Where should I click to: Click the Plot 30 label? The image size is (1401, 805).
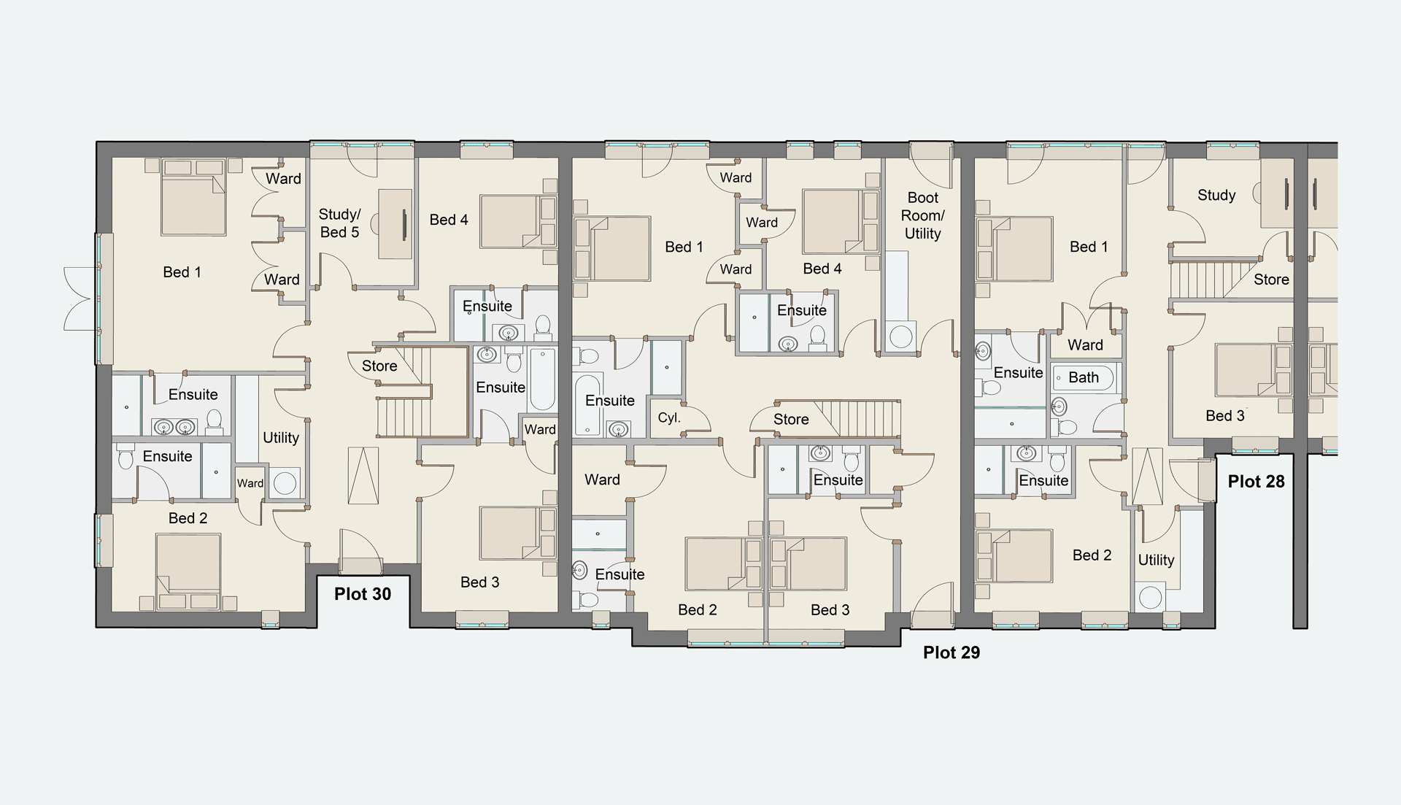pyautogui.click(x=363, y=594)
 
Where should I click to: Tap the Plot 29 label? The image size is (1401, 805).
pyautogui.click(x=952, y=652)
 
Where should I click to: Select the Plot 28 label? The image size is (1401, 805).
pyautogui.click(x=1256, y=482)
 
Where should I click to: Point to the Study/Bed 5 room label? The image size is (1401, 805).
pyautogui.click(x=339, y=223)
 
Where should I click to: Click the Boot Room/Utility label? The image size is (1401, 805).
pyautogui.click(x=922, y=215)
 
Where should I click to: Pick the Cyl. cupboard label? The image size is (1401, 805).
pyautogui.click(x=669, y=418)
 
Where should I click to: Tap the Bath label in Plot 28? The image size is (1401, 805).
pyautogui.click(x=1084, y=377)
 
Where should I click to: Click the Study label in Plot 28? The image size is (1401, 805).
pyautogui.click(x=1216, y=195)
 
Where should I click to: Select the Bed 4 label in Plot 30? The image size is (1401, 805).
pyautogui.click(x=449, y=220)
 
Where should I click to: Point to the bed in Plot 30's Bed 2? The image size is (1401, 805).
pyautogui.click(x=188, y=572)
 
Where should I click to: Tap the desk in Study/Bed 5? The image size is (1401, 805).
pyautogui.click(x=395, y=223)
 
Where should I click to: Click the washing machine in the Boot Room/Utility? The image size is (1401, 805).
pyautogui.click(x=901, y=336)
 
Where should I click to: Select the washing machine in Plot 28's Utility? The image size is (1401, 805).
pyautogui.click(x=1151, y=597)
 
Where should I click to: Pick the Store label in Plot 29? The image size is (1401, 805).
pyautogui.click(x=791, y=420)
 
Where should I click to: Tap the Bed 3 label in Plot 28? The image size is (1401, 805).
pyautogui.click(x=1225, y=416)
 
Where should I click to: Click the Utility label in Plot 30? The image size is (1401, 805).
pyautogui.click(x=281, y=438)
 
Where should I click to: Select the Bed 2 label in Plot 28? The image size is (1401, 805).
pyautogui.click(x=1092, y=555)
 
